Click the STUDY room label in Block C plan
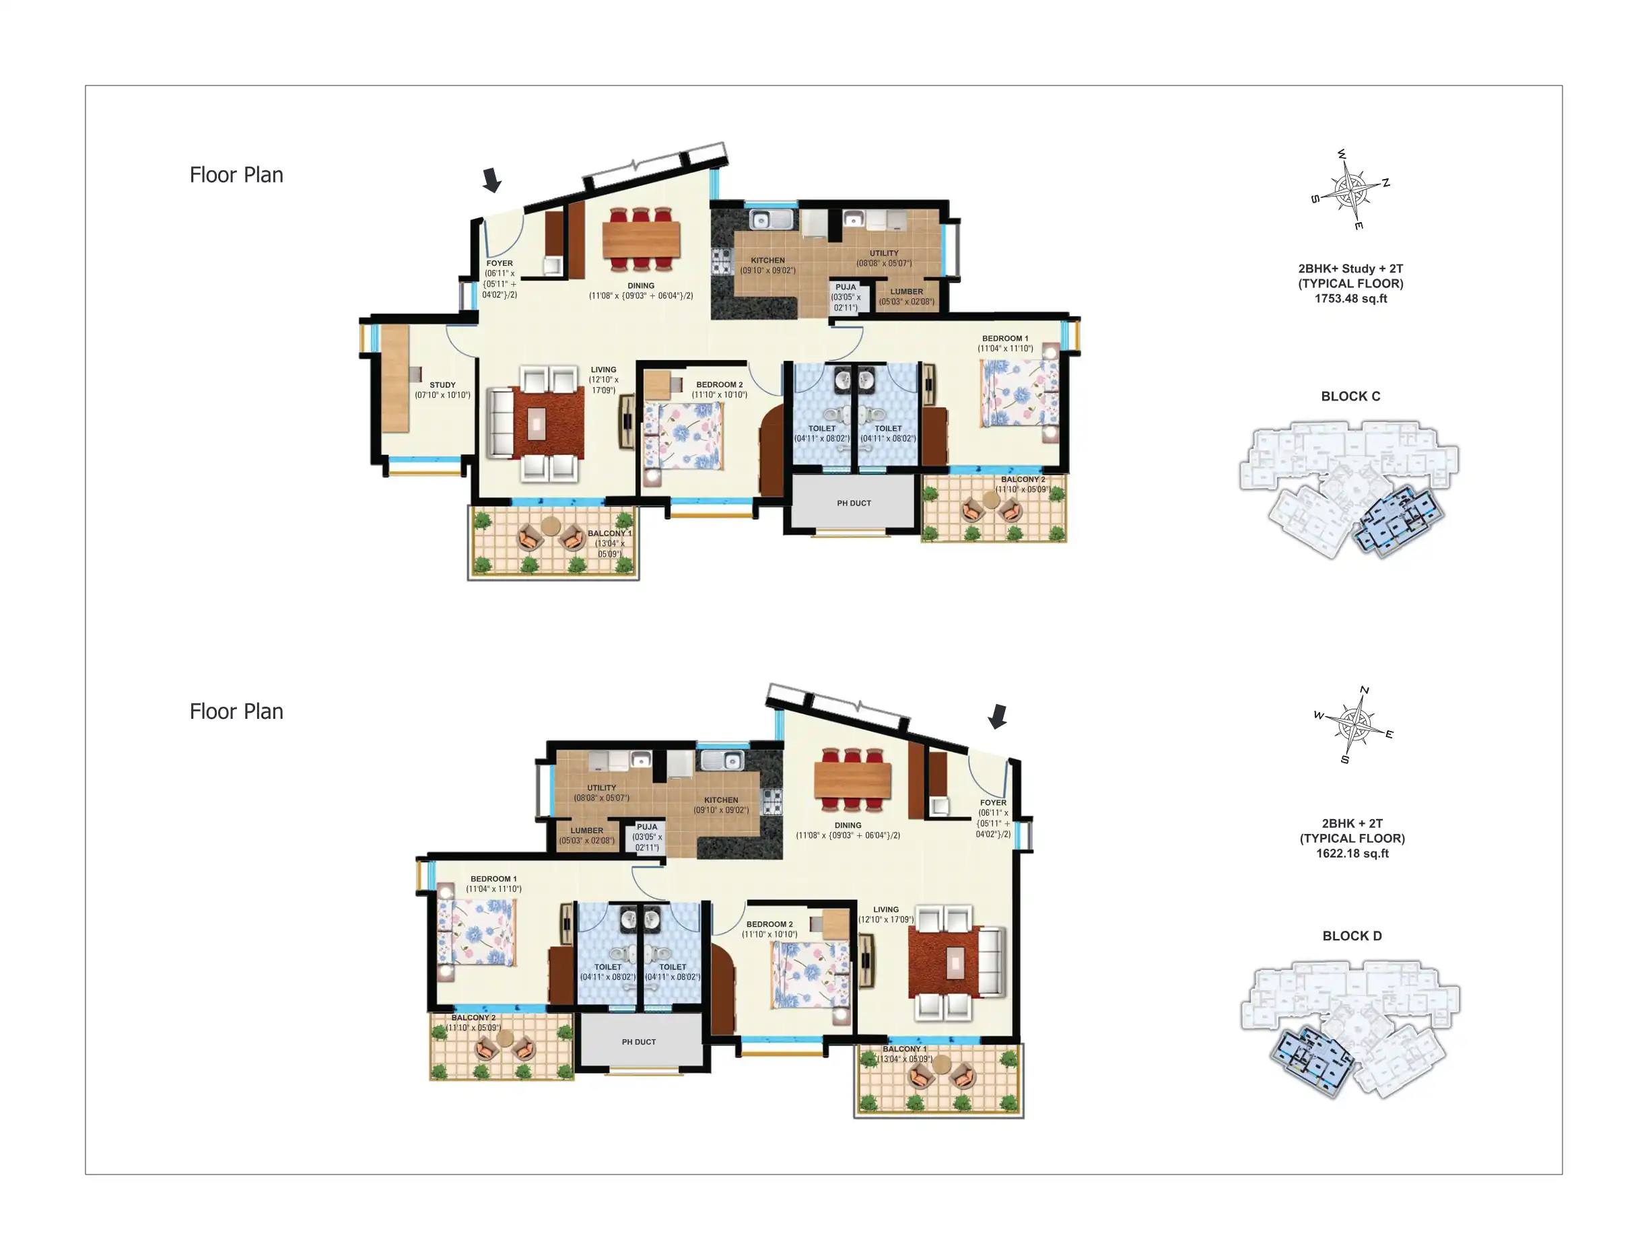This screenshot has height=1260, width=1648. tap(442, 385)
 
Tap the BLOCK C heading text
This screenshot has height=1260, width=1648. tap(1350, 396)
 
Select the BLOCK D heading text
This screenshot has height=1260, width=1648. tap(1351, 936)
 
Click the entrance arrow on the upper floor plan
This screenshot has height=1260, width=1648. tap(491, 180)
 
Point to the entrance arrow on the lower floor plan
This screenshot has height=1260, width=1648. tap(997, 716)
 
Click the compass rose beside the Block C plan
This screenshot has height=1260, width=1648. tap(1350, 190)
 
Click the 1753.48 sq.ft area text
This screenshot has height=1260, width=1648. tap(1350, 298)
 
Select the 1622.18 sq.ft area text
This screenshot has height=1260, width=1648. tap(1352, 853)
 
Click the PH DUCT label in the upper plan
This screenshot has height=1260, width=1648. tap(854, 503)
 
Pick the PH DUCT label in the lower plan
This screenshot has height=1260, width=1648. tap(638, 1042)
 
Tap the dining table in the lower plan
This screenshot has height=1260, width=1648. tap(852, 780)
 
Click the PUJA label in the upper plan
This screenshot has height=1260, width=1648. tap(846, 287)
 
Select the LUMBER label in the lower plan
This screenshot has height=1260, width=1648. tap(586, 831)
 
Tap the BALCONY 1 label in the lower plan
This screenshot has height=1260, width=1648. tap(904, 1049)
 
